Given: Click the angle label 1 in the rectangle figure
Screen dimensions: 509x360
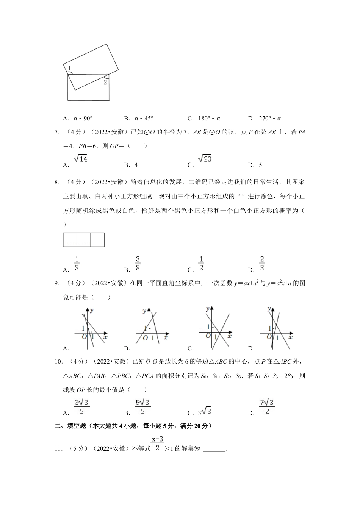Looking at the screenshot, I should [x=69, y=68].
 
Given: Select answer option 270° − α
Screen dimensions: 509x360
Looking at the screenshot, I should [x=270, y=118].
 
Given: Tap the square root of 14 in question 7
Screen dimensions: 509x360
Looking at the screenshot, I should [x=81, y=159].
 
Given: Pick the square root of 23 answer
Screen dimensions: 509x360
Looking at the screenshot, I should [x=205, y=159].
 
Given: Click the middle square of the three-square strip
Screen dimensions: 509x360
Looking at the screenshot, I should [x=84, y=240].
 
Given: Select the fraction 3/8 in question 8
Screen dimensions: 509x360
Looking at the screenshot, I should [x=138, y=264].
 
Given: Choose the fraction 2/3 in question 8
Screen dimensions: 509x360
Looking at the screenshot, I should [x=262, y=264].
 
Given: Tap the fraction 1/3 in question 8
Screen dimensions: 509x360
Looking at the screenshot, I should [x=77, y=264].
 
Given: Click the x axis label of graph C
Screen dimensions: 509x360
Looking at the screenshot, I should [x=230, y=336].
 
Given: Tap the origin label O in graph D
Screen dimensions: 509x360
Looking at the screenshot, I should [x=269, y=336].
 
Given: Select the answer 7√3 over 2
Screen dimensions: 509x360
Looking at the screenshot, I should [x=266, y=407].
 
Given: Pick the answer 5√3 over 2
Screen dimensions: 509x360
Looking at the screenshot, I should [x=142, y=407].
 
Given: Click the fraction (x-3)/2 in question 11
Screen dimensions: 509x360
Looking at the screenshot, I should [x=157, y=444].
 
